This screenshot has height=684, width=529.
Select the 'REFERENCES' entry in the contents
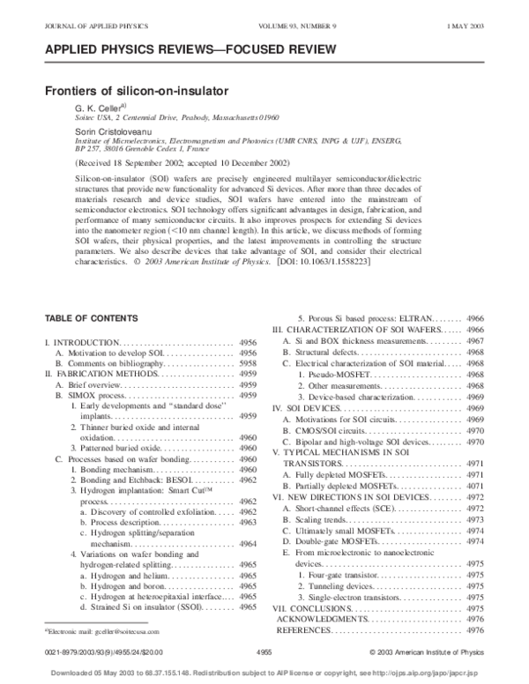(x=304, y=630)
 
